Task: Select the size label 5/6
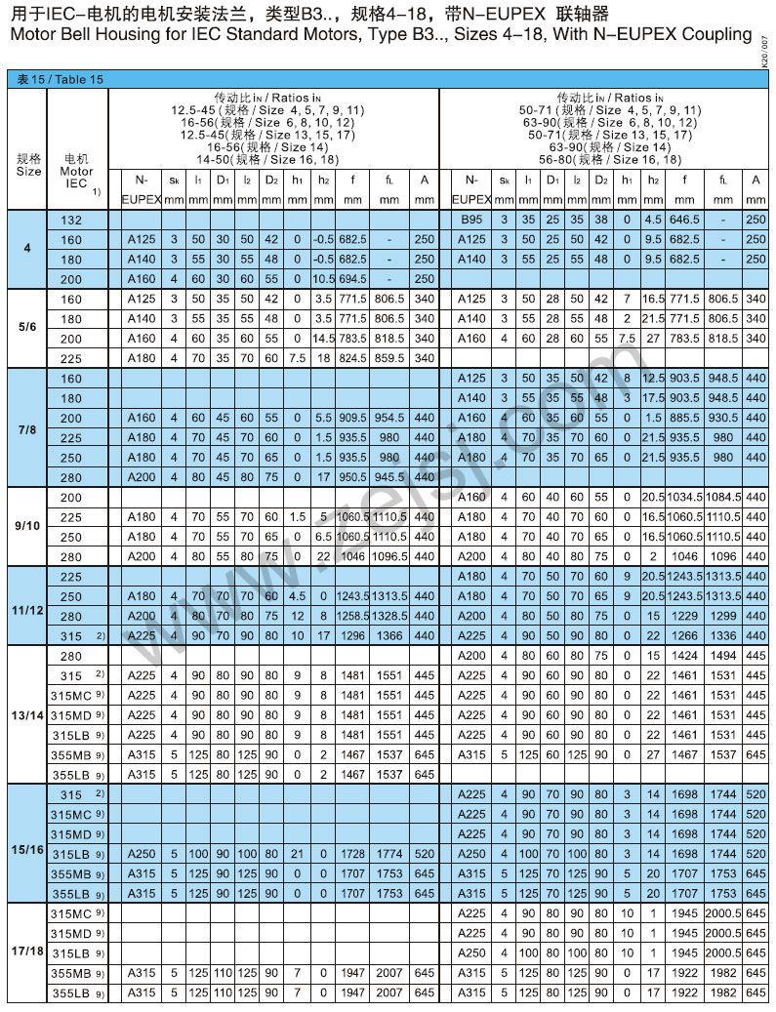pos(28,328)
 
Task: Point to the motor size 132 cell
pos(71,221)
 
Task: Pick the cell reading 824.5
pos(352,358)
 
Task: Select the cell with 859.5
pos(388,358)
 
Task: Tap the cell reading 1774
pos(388,853)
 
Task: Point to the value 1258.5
pos(352,616)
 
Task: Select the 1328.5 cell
pos(388,616)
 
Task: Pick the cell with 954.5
pos(388,418)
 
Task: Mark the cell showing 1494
pos(723,656)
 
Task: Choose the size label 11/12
pos(28,606)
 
